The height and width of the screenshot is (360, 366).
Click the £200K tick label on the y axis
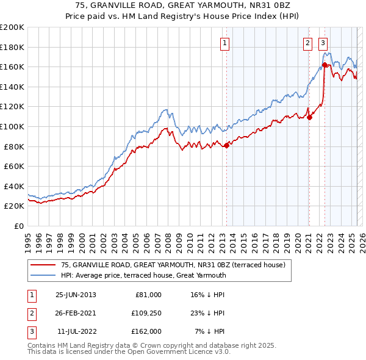(12, 27)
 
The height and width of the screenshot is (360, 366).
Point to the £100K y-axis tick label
(12, 126)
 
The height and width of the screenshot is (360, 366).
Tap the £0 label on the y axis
(18, 226)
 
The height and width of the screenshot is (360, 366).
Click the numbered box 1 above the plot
(225, 43)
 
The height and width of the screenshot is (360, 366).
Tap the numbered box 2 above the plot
(307, 43)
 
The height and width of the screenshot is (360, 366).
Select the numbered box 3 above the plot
(323, 43)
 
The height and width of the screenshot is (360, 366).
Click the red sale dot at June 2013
(227, 145)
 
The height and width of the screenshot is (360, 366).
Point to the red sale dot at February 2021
(310, 117)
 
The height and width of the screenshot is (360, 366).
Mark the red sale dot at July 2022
(325, 65)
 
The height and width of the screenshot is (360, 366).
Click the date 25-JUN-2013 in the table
(76, 295)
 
